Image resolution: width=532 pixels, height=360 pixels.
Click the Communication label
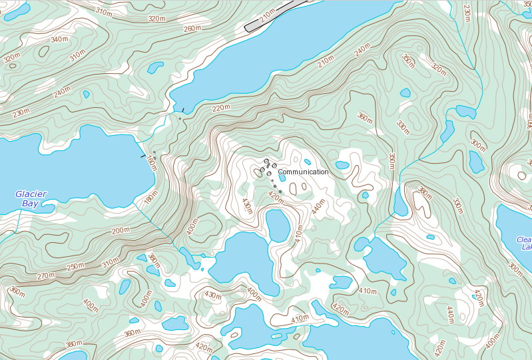303,172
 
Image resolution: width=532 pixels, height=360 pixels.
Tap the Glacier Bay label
31,199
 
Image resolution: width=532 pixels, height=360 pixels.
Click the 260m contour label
192,29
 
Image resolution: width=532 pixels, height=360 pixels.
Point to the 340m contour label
59,39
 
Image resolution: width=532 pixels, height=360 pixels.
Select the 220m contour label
221,108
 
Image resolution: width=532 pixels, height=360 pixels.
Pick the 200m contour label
121,231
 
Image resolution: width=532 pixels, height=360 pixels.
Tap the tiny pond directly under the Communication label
282,178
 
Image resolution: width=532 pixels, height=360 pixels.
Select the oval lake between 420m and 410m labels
278,225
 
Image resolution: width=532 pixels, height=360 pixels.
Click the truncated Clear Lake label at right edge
525,243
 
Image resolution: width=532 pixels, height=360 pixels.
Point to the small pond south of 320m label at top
155,67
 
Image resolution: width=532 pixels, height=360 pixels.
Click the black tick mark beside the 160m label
142,156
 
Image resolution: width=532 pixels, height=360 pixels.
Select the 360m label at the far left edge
16,293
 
